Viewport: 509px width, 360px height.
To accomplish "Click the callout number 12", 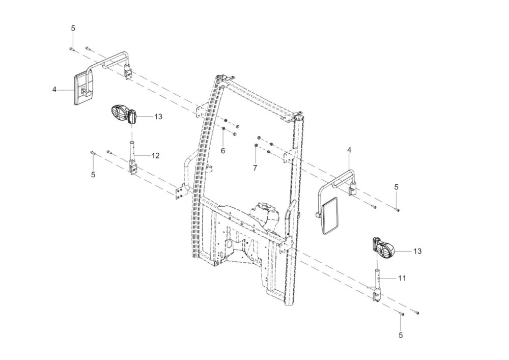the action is [x=155, y=156].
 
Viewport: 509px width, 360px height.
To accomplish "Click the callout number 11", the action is [x=402, y=278].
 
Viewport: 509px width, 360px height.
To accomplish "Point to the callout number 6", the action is [x=223, y=151].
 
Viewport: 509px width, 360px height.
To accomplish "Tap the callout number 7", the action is [x=255, y=168].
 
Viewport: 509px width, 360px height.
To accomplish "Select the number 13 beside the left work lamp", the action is [x=158, y=117].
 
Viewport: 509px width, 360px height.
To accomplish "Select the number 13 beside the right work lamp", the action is [x=417, y=251].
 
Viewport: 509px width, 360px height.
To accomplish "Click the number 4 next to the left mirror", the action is [x=54, y=89].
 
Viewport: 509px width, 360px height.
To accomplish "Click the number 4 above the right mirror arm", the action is [x=349, y=150].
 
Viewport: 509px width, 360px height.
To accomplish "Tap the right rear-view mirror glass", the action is [x=330, y=215].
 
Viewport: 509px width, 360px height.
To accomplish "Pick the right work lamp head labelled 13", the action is [x=384, y=248].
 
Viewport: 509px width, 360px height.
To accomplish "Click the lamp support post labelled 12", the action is [x=133, y=156].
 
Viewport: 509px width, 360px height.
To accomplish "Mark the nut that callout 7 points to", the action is [x=256, y=145].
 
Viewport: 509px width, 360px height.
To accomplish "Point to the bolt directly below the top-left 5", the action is [x=72, y=49].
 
